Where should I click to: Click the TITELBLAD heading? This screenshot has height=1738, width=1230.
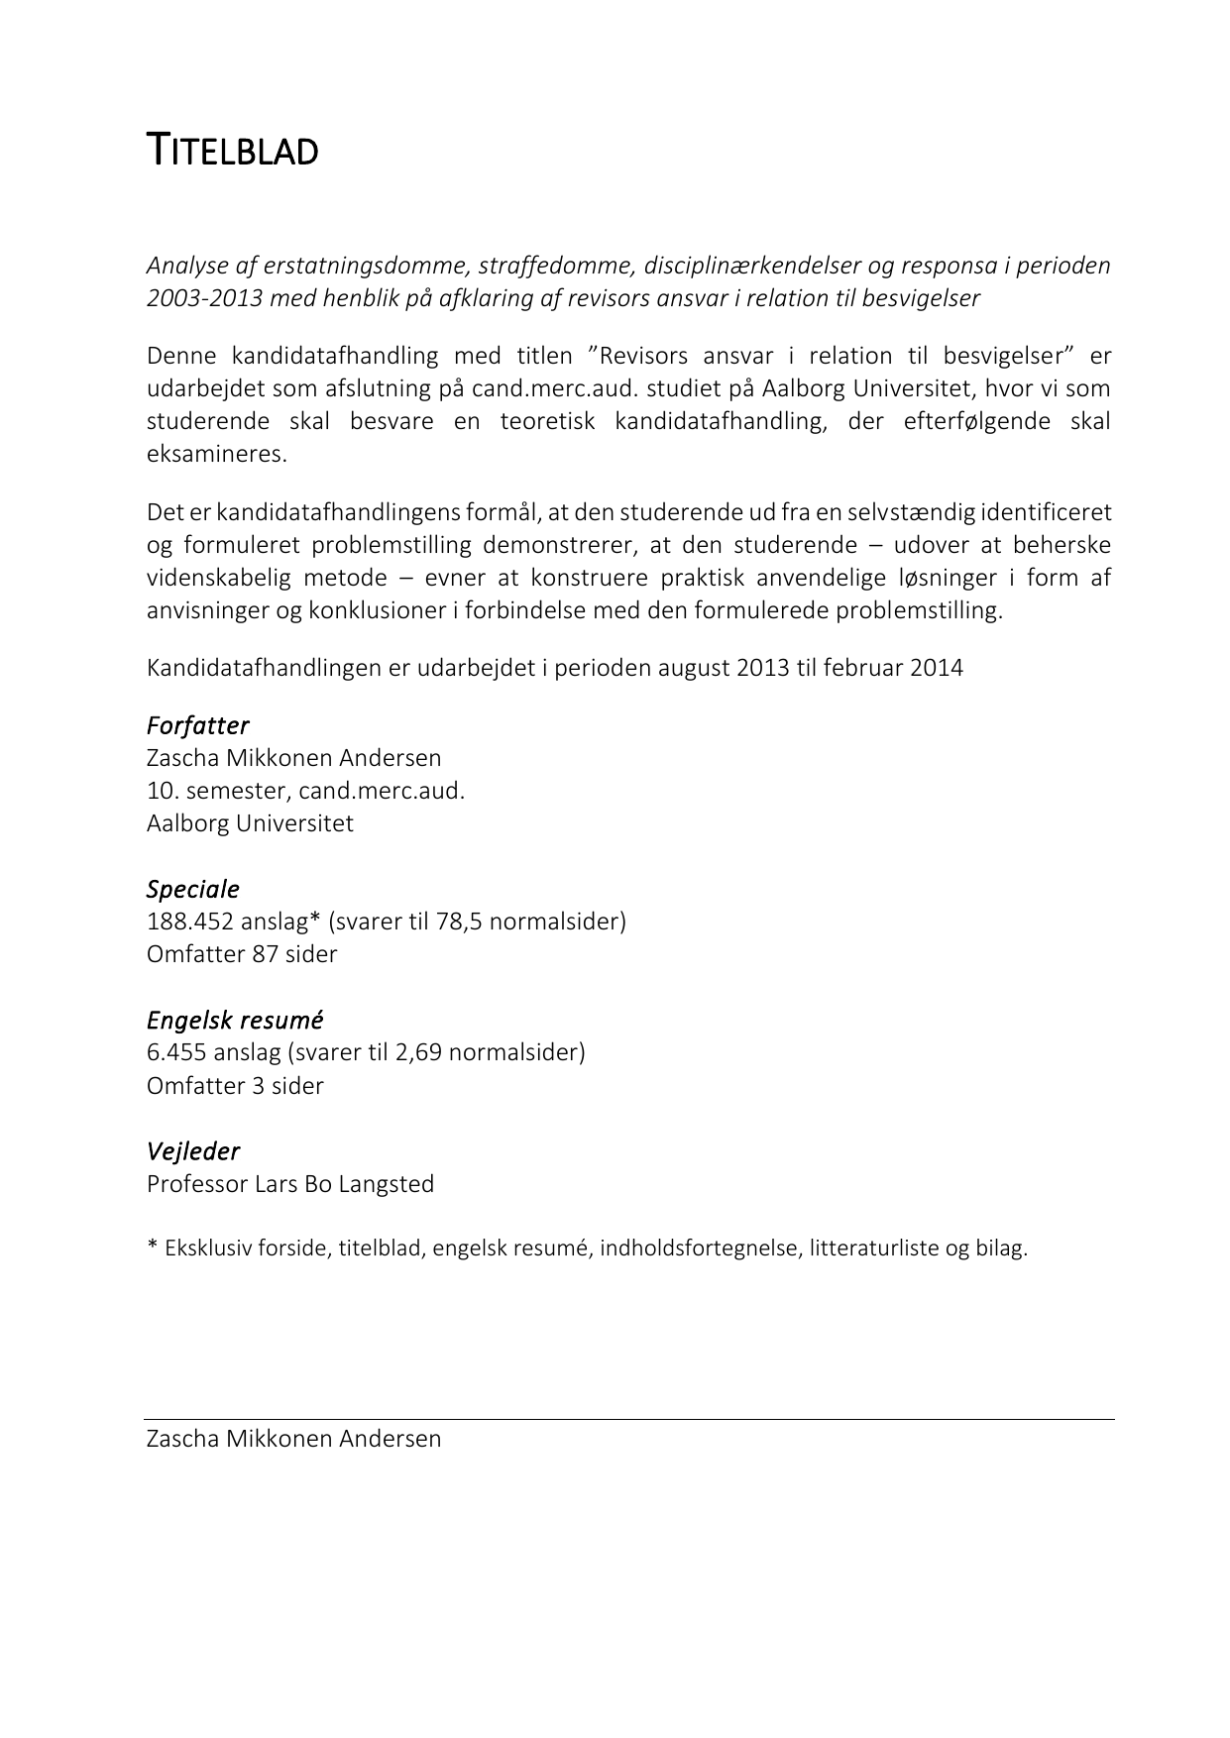pos(232,152)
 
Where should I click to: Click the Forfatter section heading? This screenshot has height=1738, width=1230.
pos(197,725)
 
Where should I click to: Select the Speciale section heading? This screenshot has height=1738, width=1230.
pos(192,889)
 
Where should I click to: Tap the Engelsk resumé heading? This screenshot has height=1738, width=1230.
pos(235,1020)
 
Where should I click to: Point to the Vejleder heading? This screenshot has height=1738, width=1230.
pos(192,1151)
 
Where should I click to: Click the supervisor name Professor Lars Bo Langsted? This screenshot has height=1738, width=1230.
pos(290,1184)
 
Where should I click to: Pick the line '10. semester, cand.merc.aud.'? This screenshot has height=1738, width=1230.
pos(305,791)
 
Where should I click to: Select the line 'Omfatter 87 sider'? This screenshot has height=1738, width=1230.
pos(242,954)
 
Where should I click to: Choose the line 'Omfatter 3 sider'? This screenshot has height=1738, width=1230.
pos(235,1085)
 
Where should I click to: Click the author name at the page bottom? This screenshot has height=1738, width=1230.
pos(293,1439)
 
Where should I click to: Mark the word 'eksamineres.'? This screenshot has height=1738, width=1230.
pos(216,454)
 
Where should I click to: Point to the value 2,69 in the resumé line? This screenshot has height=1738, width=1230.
pos(417,1052)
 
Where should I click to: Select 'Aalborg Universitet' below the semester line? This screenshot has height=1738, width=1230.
pos(250,823)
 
